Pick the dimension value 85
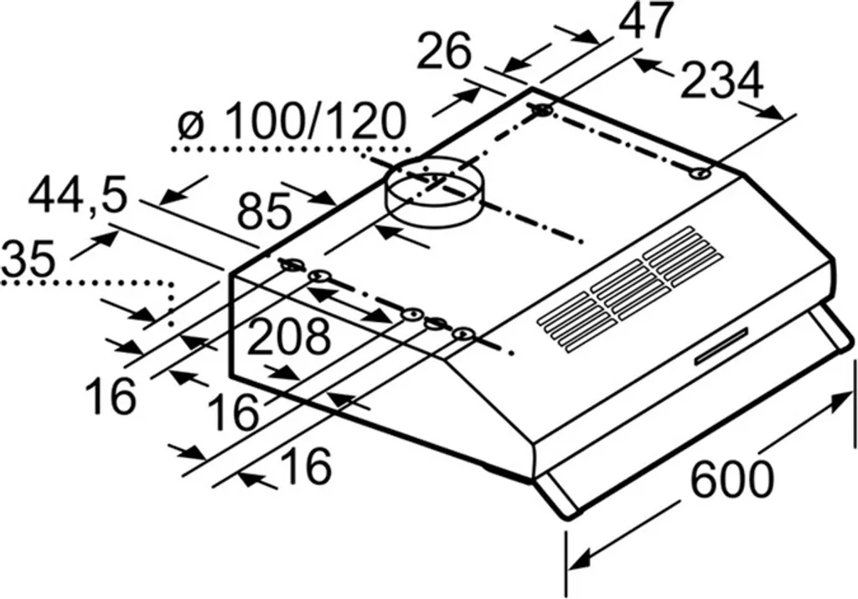click(263, 212)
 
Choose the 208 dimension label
click(288, 337)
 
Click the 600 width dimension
click(731, 479)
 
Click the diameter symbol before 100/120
click(192, 125)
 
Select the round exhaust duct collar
click(433, 191)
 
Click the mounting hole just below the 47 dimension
click(543, 110)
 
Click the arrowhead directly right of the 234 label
click(773, 112)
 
